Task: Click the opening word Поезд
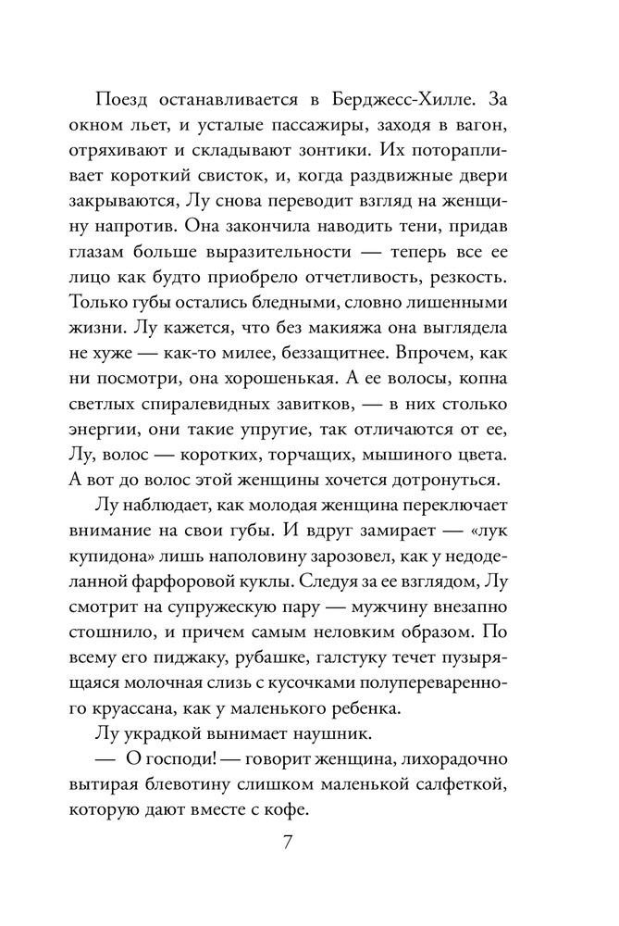point(122,97)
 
